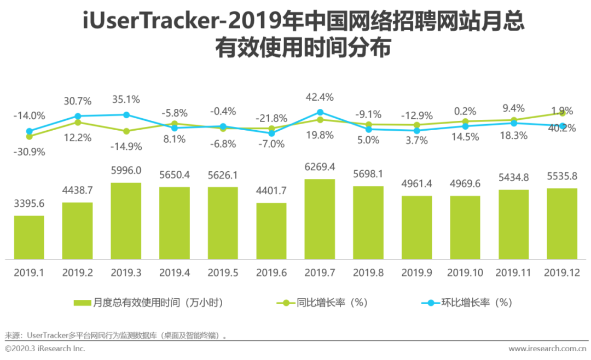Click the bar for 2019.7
click(x=320, y=219)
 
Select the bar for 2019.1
click(x=29, y=237)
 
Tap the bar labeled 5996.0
click(x=126, y=220)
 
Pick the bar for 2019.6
click(x=271, y=231)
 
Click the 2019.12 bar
click(x=562, y=223)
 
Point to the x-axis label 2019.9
click(x=416, y=272)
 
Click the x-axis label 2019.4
click(x=175, y=272)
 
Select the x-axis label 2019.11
click(x=513, y=272)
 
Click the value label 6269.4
click(x=320, y=166)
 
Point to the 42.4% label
click(x=320, y=97)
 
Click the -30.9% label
click(x=29, y=151)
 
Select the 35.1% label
click(x=126, y=100)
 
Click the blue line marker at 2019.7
click(x=320, y=113)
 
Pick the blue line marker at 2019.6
click(x=271, y=133)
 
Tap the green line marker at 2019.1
click(x=29, y=136)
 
